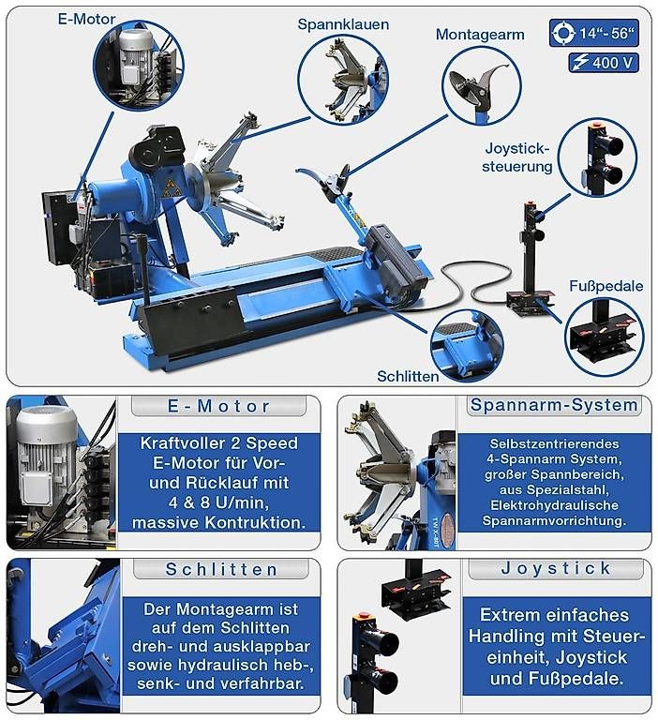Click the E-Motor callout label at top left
[86, 19]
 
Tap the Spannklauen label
[343, 24]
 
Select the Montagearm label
[480, 35]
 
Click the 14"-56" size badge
[593, 33]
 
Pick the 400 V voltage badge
[604, 63]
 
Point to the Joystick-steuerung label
[517, 157]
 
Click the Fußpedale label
[606, 286]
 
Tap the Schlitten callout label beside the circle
[408, 376]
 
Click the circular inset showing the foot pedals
[604, 337]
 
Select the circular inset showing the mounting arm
[481, 86]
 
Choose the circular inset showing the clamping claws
[343, 80]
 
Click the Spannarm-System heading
[554, 405]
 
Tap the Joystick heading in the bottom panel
[556, 568]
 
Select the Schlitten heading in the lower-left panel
[221, 569]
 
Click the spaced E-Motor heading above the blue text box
[218, 406]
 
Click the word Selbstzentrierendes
[554, 443]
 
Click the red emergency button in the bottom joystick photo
[364, 614]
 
